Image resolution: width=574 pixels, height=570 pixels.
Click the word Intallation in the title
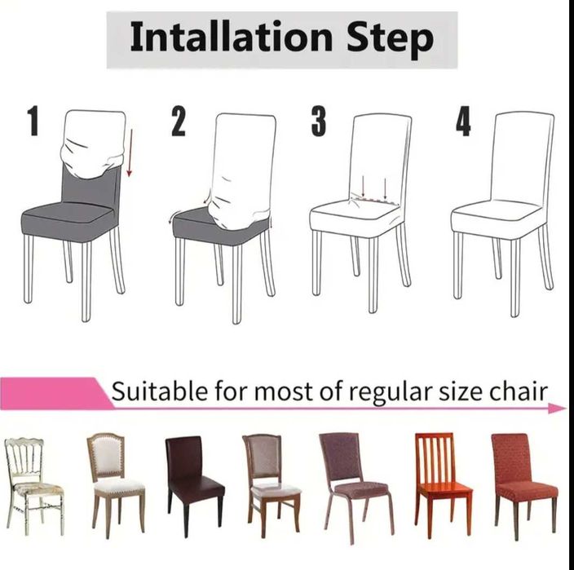tap(232, 37)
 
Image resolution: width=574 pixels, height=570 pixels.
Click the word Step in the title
tap(390, 39)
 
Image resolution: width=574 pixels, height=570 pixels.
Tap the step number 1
tap(33, 121)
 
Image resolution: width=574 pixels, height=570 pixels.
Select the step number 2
tap(179, 122)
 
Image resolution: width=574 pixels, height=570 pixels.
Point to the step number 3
tap(319, 121)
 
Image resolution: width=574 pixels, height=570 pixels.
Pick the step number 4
tap(463, 122)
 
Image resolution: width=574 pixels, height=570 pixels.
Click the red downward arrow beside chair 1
tap(130, 152)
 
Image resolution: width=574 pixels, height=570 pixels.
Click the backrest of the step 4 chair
tap(522, 157)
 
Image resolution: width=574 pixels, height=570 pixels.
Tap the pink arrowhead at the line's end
tap(557, 408)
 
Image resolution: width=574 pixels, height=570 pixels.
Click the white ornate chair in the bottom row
tap(33, 485)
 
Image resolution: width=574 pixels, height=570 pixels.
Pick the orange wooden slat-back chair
tap(443, 484)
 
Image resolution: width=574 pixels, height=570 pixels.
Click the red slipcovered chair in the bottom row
tap(523, 485)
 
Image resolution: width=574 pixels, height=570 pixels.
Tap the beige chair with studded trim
tap(115, 484)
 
